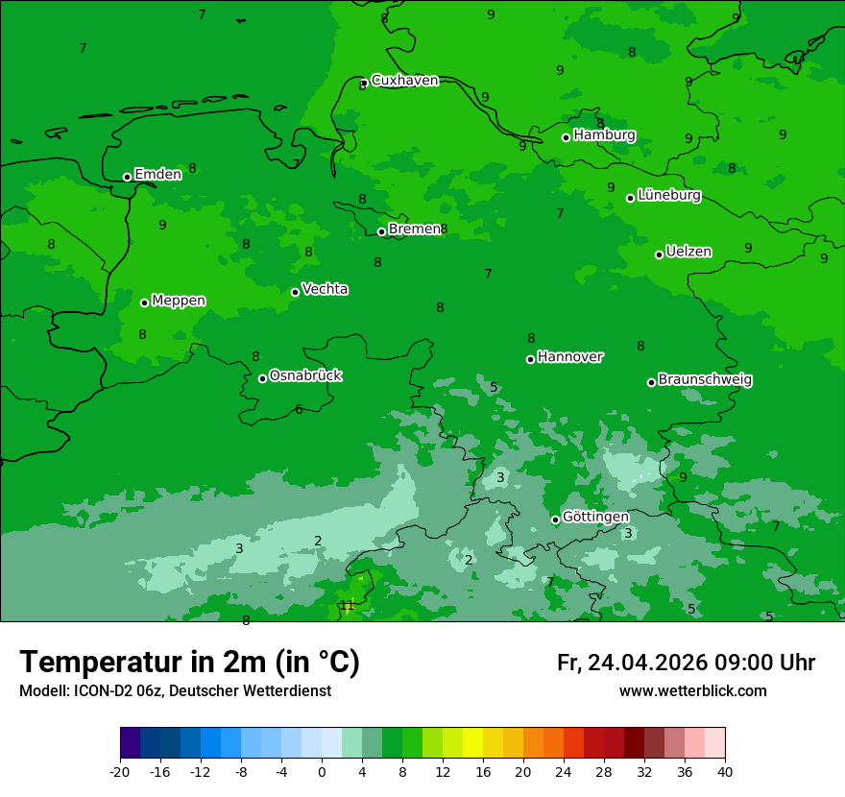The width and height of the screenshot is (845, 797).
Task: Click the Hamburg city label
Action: [604, 135]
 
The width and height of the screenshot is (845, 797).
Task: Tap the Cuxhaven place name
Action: [404, 81]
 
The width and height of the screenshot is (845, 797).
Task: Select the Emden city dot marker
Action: [127, 177]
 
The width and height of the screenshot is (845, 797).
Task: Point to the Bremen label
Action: [414, 229]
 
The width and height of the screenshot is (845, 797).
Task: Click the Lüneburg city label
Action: [668, 196]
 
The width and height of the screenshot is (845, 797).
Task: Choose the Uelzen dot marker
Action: [660, 254]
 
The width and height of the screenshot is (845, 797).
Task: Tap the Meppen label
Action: [179, 302]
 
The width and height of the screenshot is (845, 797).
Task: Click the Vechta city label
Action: [325, 290]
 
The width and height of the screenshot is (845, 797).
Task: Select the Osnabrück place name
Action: [305, 376]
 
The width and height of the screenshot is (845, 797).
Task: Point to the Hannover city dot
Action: [530, 359]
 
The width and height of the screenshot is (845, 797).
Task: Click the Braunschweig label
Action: [705, 380]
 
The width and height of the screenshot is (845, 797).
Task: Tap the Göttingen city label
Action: [595, 518]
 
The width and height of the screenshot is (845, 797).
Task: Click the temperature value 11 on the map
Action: [348, 605]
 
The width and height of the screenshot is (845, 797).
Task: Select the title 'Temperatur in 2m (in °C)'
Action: [189, 663]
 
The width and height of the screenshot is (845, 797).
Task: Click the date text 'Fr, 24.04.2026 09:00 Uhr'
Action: [686, 664]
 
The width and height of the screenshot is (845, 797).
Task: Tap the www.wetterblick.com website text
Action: [692, 691]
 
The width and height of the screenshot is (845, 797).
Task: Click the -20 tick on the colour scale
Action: [120, 771]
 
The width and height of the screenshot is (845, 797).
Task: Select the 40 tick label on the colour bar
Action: [724, 771]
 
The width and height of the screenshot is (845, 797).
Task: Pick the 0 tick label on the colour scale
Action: [322, 771]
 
